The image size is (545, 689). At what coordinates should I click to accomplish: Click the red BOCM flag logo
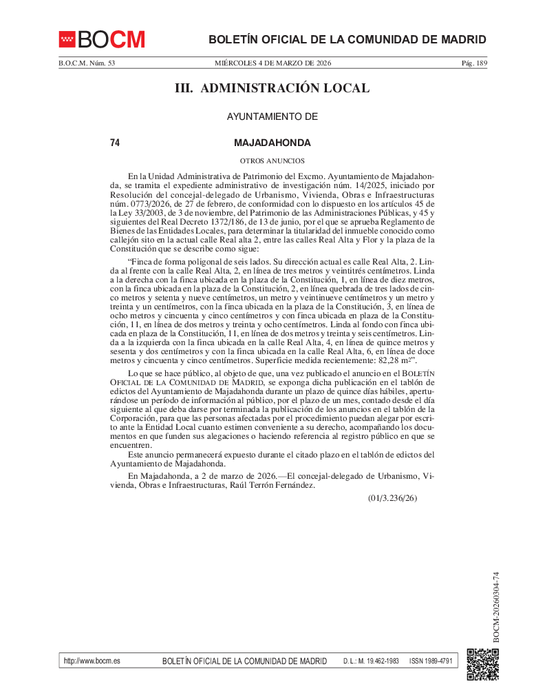pos(67,39)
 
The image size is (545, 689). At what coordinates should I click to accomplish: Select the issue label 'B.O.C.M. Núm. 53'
pos(86,63)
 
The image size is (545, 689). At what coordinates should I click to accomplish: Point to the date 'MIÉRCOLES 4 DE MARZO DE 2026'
pos(273,63)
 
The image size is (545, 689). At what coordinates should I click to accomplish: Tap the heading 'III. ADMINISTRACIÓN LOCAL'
pos(272,88)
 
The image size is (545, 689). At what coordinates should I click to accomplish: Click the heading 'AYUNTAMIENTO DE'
pos(272,117)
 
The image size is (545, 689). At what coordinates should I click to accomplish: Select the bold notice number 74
pos(115,143)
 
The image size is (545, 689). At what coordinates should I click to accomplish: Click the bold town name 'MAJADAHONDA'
pos(272,143)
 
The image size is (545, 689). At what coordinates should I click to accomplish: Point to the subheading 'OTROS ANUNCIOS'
pos(272,161)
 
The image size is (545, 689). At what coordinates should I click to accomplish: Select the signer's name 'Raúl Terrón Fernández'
pos(270,485)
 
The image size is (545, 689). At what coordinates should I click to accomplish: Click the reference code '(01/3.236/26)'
pos(392,498)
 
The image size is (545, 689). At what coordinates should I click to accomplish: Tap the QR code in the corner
pos(482,664)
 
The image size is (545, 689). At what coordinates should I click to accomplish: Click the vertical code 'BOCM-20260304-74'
pos(495,607)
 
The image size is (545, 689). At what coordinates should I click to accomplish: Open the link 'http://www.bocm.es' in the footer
pos(92,661)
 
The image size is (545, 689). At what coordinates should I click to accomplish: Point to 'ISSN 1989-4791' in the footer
pos(430,661)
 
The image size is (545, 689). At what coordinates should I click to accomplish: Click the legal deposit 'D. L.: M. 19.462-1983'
pos(371,661)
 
